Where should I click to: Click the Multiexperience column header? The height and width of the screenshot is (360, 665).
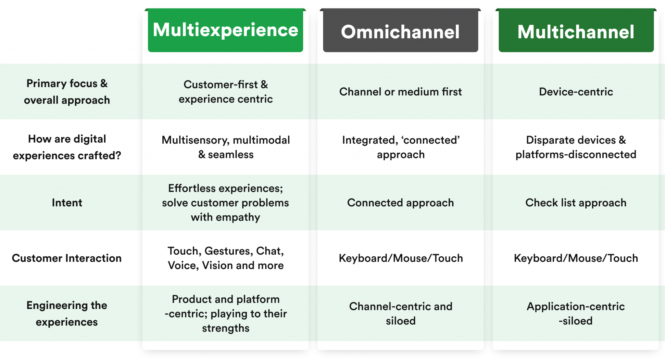click(225, 30)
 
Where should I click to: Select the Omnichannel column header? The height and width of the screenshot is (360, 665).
click(400, 32)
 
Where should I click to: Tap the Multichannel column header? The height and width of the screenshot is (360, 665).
click(576, 32)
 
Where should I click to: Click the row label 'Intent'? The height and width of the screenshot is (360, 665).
click(67, 203)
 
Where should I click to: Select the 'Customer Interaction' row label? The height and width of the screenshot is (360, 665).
click(67, 258)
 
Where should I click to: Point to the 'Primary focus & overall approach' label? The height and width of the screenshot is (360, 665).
click(67, 92)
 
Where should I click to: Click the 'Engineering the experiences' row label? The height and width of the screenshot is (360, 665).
click(67, 314)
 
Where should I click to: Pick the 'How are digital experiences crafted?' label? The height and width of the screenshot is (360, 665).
click(67, 147)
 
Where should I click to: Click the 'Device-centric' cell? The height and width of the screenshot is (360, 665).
click(576, 92)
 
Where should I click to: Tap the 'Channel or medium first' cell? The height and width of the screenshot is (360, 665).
click(400, 92)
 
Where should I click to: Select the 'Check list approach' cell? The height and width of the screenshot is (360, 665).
click(576, 203)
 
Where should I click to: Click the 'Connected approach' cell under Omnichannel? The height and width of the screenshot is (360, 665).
click(400, 203)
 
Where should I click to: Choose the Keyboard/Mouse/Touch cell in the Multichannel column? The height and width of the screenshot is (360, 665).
click(576, 258)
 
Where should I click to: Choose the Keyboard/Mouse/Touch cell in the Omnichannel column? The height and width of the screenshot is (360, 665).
click(400, 258)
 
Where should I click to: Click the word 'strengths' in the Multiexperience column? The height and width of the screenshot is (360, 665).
click(226, 328)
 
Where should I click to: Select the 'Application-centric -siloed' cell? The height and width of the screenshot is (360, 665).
click(576, 314)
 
